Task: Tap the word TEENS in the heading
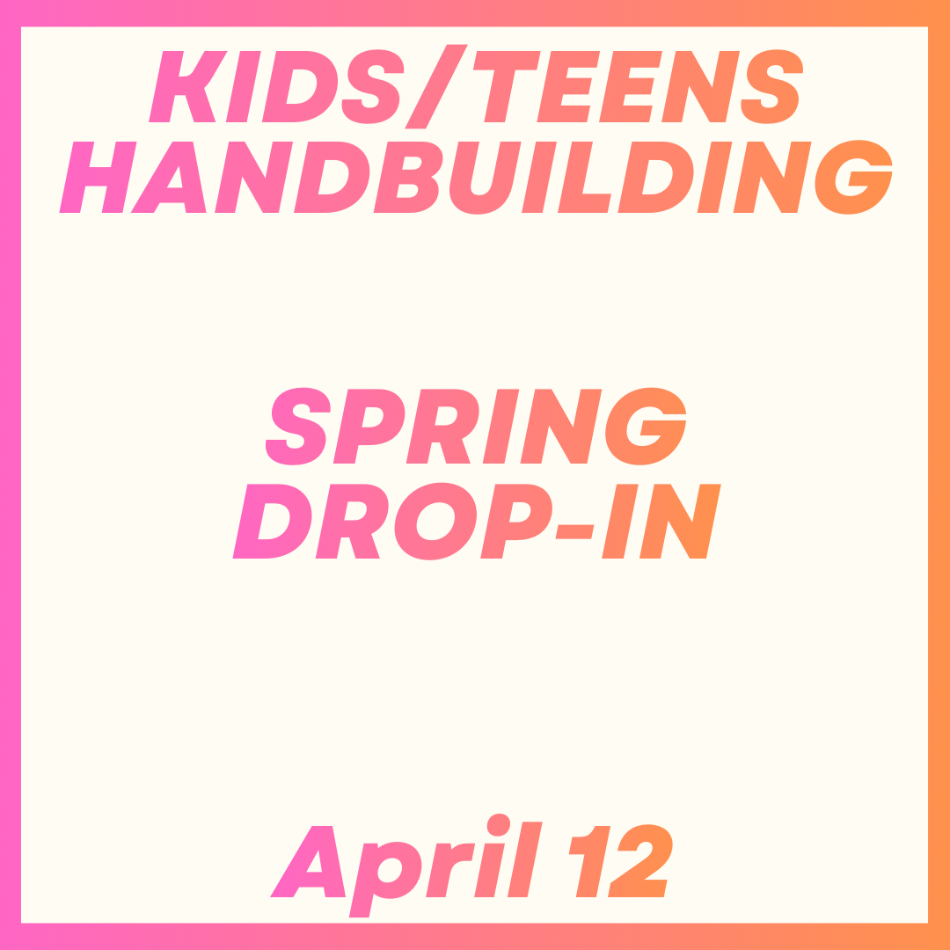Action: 639,85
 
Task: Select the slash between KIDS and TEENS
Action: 435,86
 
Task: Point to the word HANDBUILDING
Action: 476,176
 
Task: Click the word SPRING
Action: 476,426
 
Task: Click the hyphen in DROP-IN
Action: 575,530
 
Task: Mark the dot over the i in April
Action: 499,822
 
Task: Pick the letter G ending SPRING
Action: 647,427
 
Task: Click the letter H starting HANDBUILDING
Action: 97,176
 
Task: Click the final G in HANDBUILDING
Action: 852,177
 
